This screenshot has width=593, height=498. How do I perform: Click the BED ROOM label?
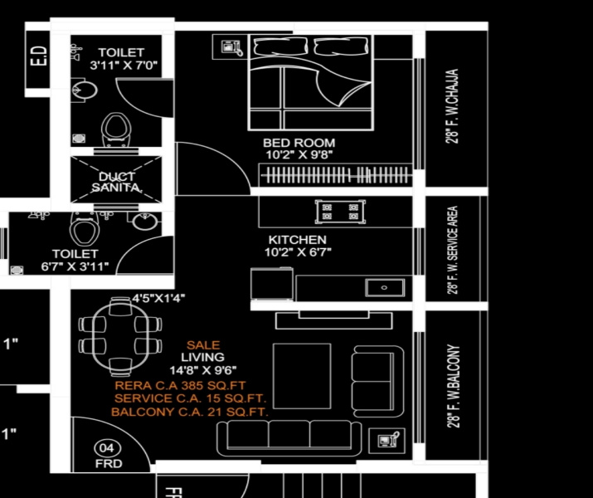pyautogui.click(x=299, y=143)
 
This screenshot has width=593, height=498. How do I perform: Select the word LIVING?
pyautogui.click(x=203, y=357)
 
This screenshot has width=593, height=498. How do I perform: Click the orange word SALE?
pyautogui.click(x=203, y=344)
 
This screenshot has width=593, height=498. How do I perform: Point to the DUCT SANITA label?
pyautogui.click(x=117, y=183)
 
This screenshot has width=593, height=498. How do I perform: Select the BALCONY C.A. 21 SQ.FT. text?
pyautogui.click(x=190, y=412)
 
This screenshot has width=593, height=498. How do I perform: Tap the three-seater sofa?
pyautogui.click(x=289, y=436)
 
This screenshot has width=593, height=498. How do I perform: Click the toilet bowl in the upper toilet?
pyautogui.click(x=116, y=129)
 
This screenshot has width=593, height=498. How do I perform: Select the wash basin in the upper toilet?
pyautogui.click(x=80, y=88)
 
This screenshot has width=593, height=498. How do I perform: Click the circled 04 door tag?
pyautogui.click(x=106, y=447)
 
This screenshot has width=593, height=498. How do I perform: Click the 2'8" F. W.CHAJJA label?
pyautogui.click(x=454, y=107)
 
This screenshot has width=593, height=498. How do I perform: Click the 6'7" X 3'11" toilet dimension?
pyautogui.click(x=75, y=266)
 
